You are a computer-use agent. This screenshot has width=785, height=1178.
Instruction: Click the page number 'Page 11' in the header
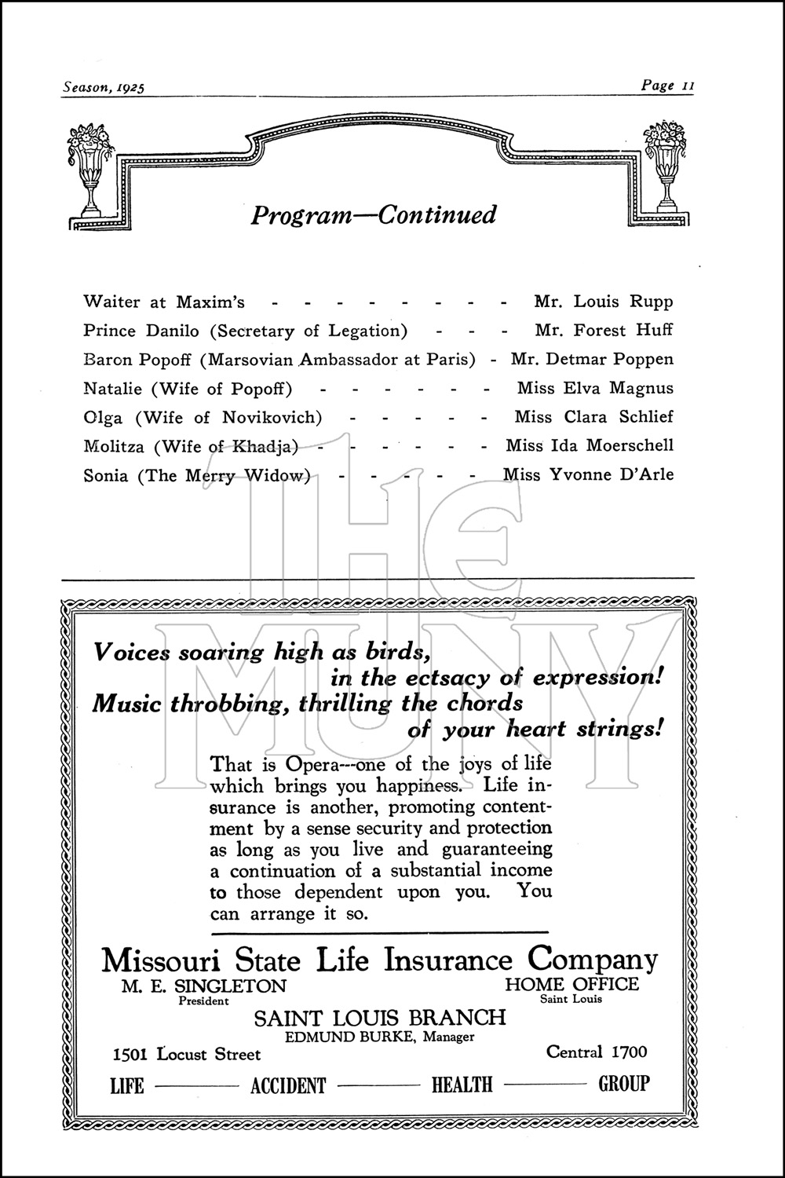(667, 86)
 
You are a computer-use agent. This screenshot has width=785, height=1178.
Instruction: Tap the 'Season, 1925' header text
(104, 87)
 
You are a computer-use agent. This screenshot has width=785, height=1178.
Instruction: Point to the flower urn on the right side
(665, 165)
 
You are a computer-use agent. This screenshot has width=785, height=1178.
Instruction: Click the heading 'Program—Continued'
(374, 214)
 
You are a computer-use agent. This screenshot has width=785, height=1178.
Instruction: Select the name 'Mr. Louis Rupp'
(603, 302)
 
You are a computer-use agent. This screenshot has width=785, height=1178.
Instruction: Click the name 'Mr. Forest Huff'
(603, 331)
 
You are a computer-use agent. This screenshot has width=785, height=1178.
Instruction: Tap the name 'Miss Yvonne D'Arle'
(588, 474)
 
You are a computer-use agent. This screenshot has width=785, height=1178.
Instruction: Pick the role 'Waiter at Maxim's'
(164, 302)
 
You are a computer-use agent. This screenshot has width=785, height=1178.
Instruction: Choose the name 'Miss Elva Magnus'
(595, 388)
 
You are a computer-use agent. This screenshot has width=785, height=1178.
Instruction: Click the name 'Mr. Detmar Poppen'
(592, 360)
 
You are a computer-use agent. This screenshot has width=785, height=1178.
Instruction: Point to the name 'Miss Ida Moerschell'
(590, 445)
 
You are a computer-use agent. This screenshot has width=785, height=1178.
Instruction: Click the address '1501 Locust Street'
(186, 1054)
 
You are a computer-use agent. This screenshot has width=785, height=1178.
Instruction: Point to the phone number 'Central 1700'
(597, 1052)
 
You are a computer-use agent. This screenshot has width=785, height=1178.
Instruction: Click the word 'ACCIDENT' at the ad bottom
(287, 1085)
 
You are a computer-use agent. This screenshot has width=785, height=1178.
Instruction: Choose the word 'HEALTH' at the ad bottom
(462, 1085)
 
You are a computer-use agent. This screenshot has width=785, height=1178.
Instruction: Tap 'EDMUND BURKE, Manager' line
(379, 1037)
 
